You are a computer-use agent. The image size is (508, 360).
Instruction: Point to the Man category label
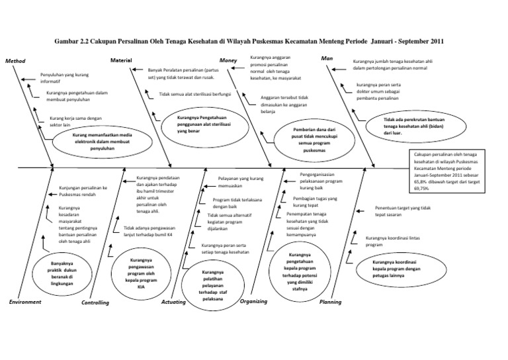pos(326,58)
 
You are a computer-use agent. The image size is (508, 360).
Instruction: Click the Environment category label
pos(25,302)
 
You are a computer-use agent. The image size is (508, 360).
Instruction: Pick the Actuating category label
pos(175,302)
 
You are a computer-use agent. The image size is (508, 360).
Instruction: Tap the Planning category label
pos(330,302)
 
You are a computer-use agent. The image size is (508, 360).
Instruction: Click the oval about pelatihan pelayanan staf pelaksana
pos(213,285)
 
